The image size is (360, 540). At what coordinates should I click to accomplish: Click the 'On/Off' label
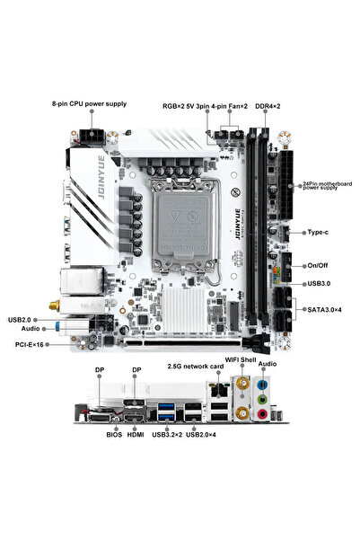(319, 266)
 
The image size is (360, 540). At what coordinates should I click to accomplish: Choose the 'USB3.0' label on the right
(320, 283)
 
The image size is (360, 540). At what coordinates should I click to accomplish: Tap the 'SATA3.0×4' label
(324, 309)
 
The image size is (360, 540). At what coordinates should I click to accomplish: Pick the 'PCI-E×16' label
(28, 344)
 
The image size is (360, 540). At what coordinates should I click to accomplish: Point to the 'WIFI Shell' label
(244, 362)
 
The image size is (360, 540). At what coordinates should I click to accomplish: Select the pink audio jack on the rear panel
(261, 415)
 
